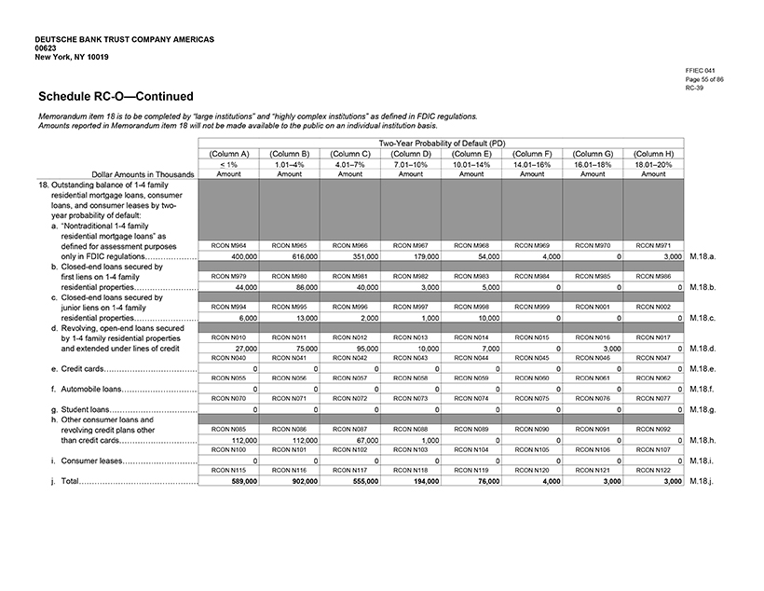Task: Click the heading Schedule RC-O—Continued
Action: point(116,96)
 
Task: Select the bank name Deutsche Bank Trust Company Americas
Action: point(124,40)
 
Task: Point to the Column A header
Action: point(228,154)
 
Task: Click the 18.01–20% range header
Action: point(653,164)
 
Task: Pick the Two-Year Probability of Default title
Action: point(442,143)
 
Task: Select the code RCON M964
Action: point(228,245)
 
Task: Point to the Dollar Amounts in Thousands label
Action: point(143,173)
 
